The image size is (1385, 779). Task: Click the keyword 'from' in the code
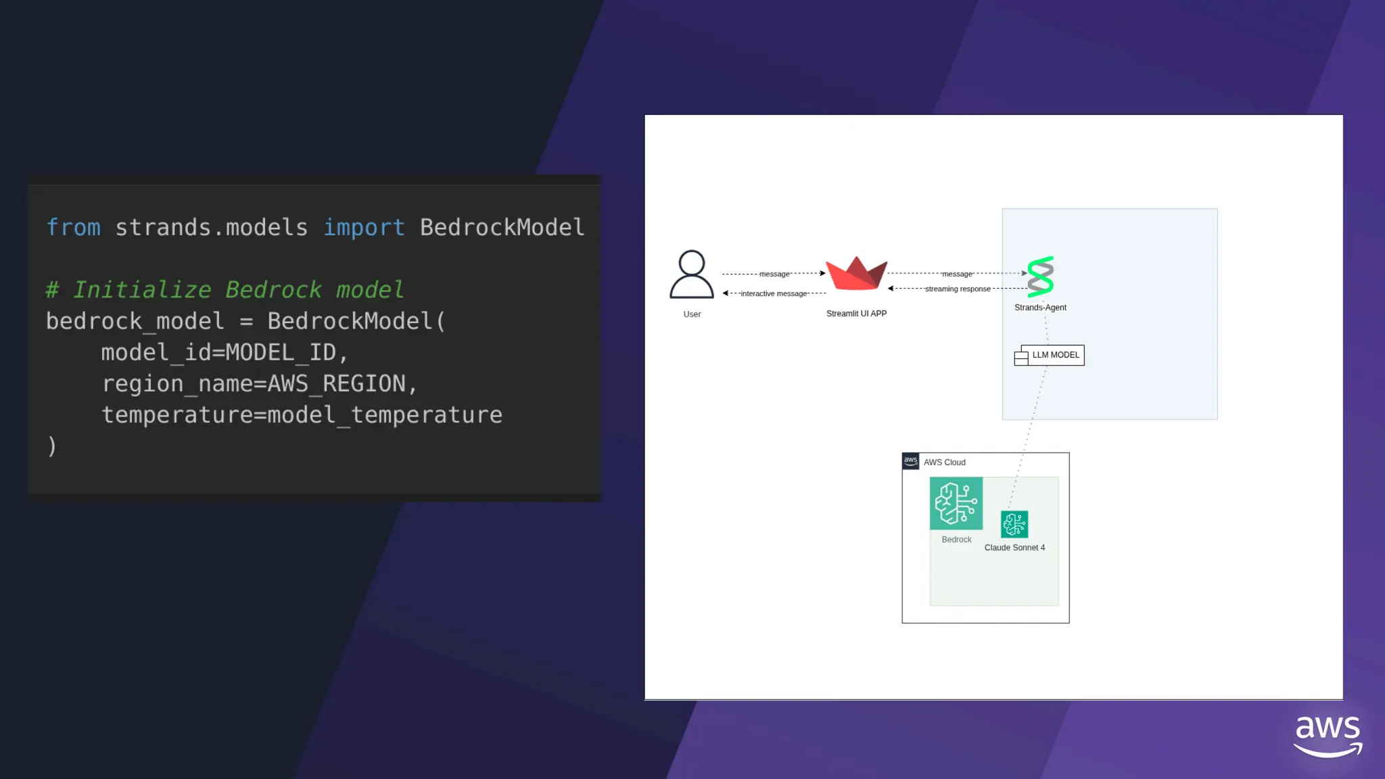pos(73,228)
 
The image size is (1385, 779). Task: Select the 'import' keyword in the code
pos(363,228)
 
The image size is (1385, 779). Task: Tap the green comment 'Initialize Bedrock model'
pos(237,290)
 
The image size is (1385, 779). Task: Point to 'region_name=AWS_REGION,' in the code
pos(260,383)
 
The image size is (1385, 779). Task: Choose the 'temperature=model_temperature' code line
pos(302,415)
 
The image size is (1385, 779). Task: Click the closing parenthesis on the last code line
pos(52,446)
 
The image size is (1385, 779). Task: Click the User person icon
pos(691,275)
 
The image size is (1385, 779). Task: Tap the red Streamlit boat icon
pos(856,274)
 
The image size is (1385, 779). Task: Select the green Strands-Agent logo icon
pos(1040,277)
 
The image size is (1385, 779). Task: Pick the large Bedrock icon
pos(956,503)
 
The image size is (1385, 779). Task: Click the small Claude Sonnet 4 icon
pos(1014,524)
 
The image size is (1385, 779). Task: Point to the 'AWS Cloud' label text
pos(944,463)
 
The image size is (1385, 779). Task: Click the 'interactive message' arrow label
pos(774,293)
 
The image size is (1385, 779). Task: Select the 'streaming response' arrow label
pos(958,289)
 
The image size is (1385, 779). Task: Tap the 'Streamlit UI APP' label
pos(856,314)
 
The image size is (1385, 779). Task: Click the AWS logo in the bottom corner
pos(1328,735)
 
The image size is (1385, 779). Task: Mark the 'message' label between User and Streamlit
pos(774,274)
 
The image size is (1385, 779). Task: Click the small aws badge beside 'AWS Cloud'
pos(911,461)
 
